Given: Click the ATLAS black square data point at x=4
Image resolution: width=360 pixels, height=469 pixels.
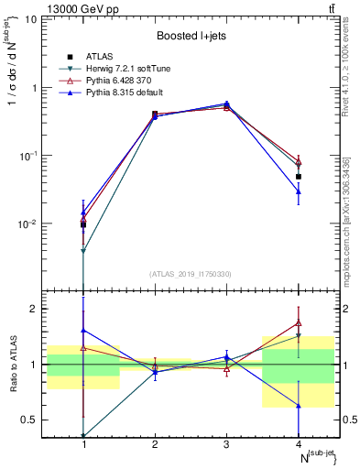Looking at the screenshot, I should pos(299,176).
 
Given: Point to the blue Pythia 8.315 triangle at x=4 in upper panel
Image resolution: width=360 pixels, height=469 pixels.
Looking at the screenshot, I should pos(299,191).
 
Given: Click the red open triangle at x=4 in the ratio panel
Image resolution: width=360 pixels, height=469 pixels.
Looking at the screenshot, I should pos(299,322).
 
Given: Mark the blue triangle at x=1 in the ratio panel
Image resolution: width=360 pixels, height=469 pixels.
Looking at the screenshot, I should pos(83,330).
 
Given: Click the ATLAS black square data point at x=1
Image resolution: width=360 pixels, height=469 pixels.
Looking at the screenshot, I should pos(83,224).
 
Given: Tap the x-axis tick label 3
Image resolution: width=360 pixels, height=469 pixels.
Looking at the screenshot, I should pos(226,444).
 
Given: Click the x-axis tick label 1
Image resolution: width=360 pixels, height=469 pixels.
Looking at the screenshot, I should pos(83,444).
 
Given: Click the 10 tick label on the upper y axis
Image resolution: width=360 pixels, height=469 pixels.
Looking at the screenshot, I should pos(38,19).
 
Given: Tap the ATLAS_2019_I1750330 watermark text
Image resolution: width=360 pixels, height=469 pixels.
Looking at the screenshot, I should pos(191,273).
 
